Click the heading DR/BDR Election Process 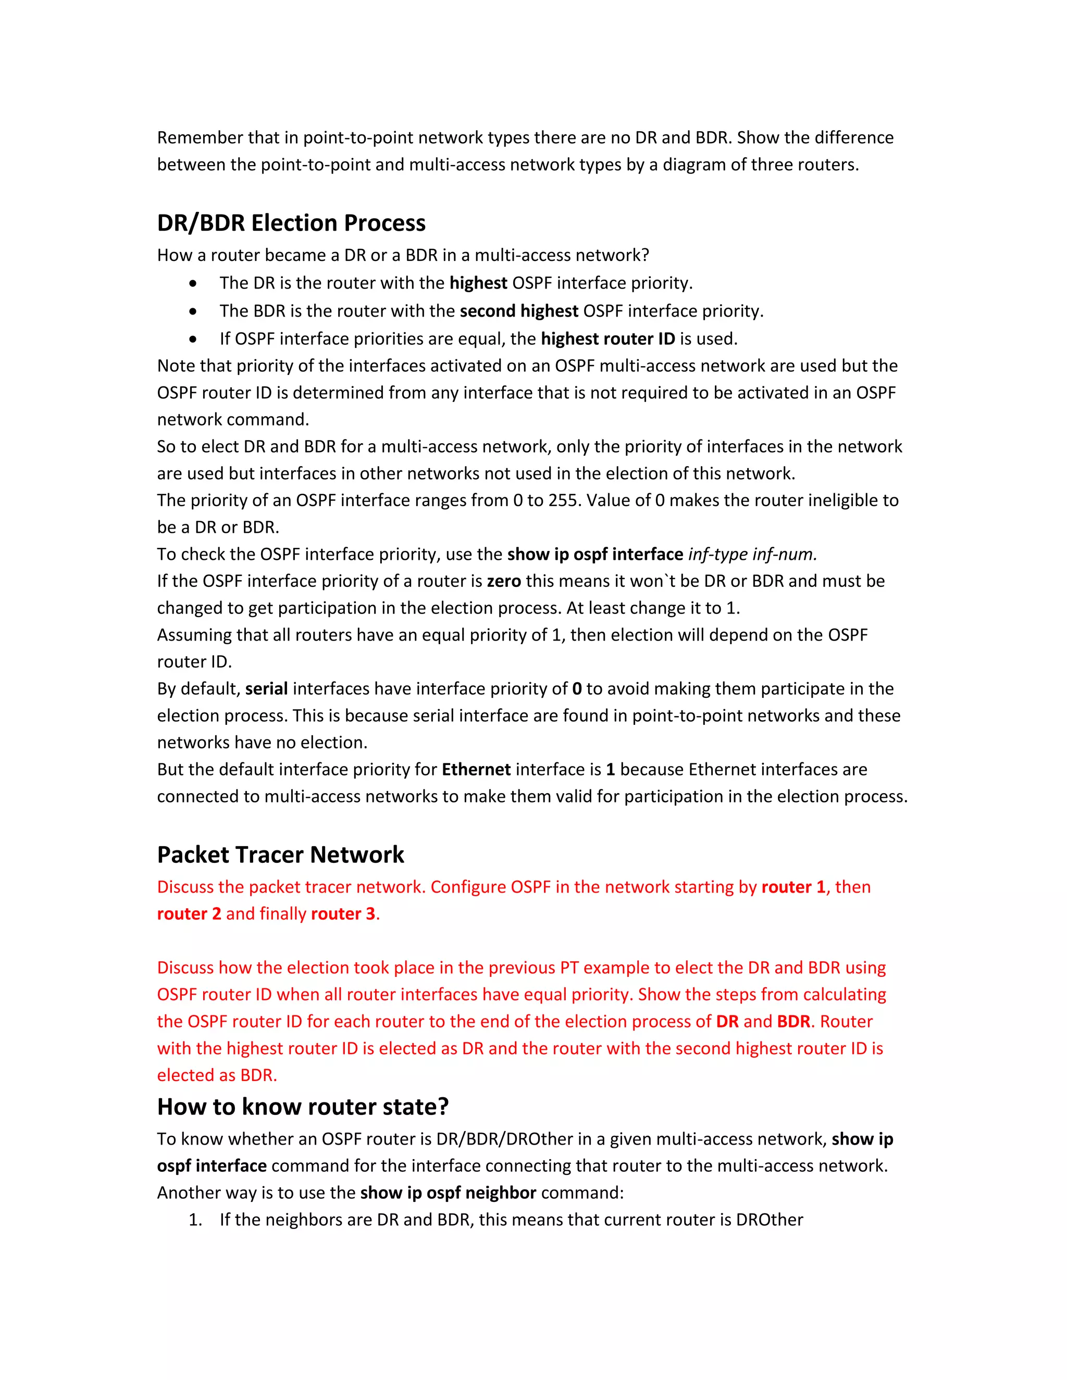(x=291, y=223)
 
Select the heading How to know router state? (x=303, y=1107)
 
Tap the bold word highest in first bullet (x=478, y=283)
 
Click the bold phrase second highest (x=518, y=311)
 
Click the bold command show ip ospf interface (x=595, y=554)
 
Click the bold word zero (x=504, y=581)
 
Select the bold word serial (x=266, y=689)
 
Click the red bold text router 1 (x=793, y=887)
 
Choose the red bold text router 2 (x=189, y=914)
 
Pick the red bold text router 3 (x=343, y=914)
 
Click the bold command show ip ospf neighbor (x=448, y=1193)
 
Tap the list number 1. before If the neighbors (x=195, y=1220)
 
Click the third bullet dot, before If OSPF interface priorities (x=193, y=340)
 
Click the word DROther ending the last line (x=770, y=1220)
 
